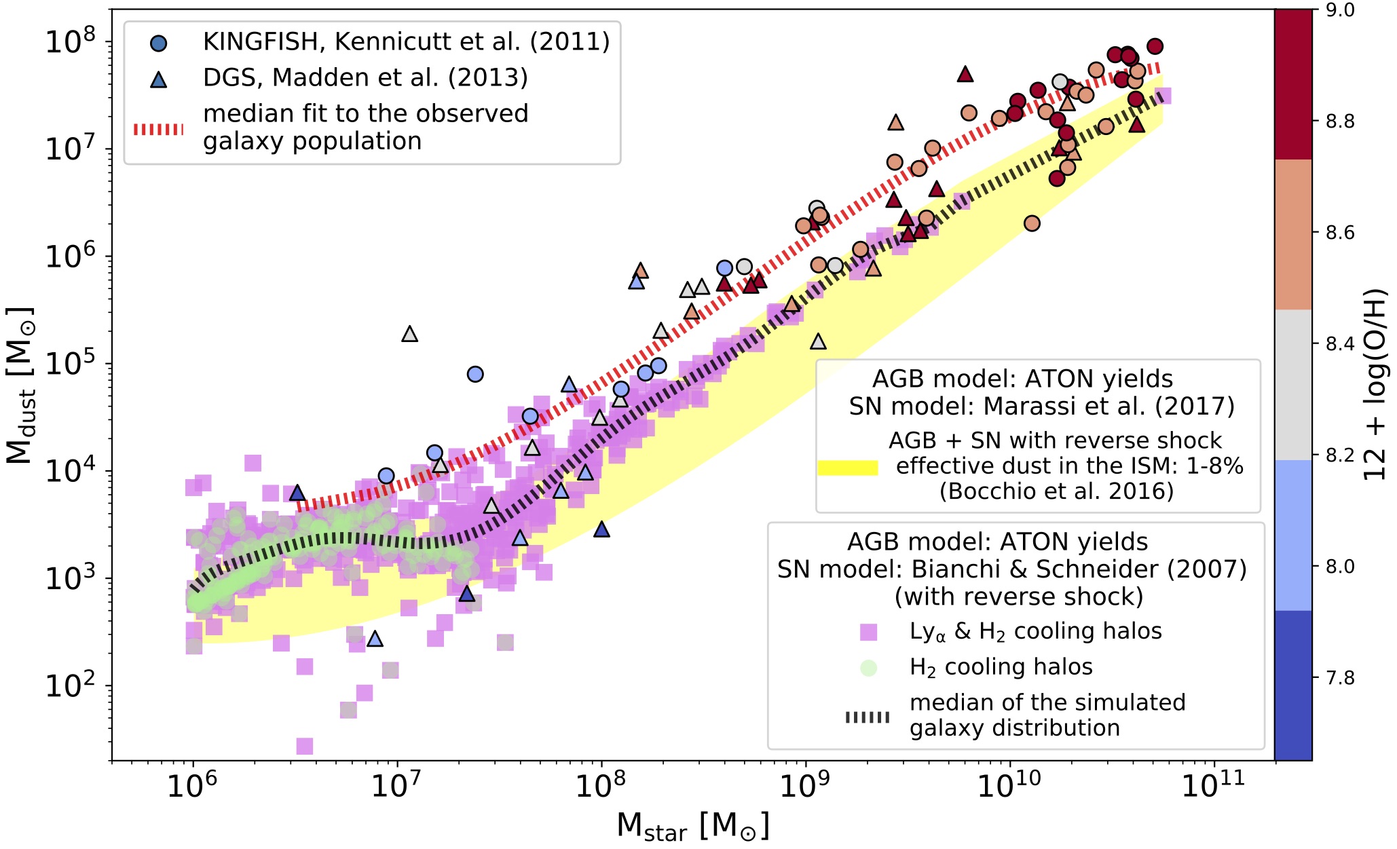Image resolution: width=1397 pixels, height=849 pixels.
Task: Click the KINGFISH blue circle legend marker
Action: click(158, 43)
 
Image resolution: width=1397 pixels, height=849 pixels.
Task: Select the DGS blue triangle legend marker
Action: click(158, 79)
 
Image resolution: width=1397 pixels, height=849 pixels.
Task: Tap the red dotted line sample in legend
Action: click(158, 129)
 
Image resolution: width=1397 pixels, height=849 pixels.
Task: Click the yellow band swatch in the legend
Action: click(847, 467)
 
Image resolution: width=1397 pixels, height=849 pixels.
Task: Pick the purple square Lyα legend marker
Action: click(868, 633)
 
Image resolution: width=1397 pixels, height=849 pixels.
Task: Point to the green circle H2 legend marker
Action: click(868, 668)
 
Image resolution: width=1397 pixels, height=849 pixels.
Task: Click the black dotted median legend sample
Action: click(868, 717)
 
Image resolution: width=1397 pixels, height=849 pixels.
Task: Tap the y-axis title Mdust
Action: click(20, 386)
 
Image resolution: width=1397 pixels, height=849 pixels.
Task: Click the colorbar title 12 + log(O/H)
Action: click(1375, 385)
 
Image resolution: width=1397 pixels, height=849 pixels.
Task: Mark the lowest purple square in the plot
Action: click(305, 747)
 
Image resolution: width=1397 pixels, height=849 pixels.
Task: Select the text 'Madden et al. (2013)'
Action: click(399, 78)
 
